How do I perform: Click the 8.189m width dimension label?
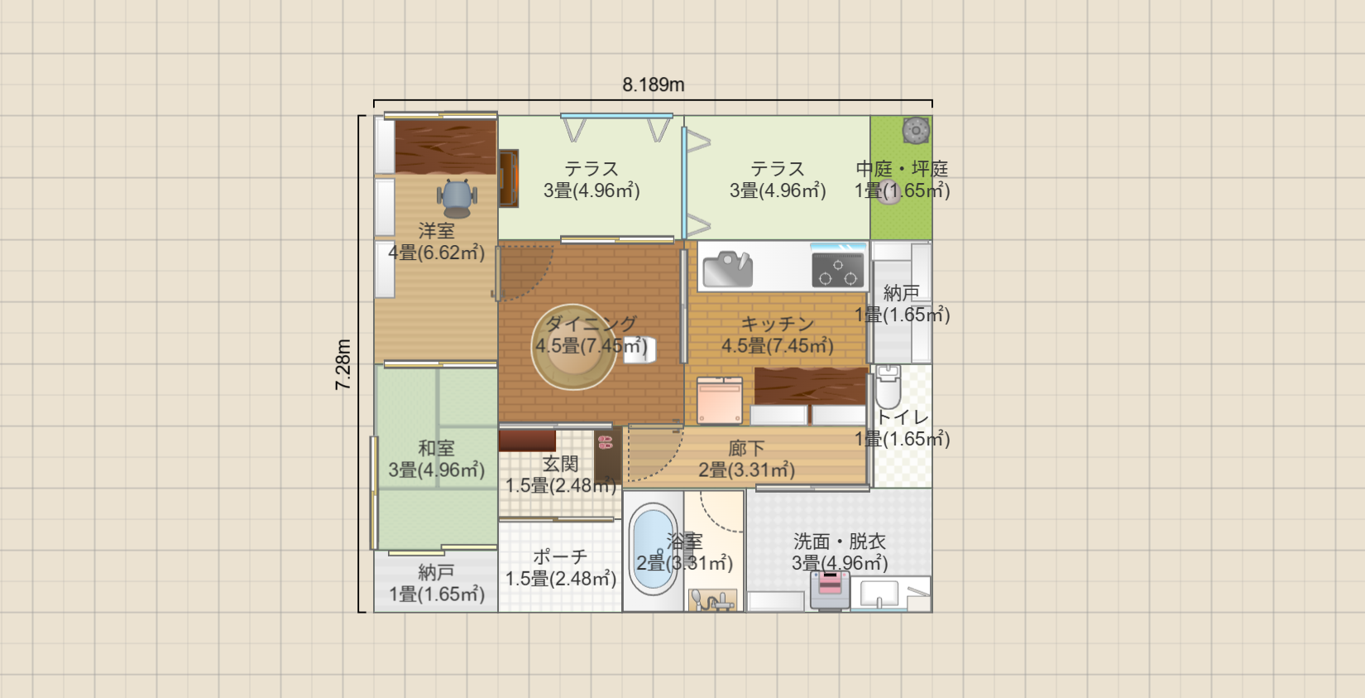tap(654, 84)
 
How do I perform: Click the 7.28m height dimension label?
tap(343, 364)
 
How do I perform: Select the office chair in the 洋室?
tap(457, 198)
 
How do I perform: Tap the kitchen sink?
tap(728, 268)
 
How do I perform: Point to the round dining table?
tap(573, 347)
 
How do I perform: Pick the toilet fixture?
tap(888, 387)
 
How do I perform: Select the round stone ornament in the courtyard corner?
tap(916, 130)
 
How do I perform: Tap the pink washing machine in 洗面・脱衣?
tap(830, 590)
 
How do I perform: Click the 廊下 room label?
tap(746, 449)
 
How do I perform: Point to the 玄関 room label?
tap(560, 464)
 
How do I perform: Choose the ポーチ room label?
tap(560, 556)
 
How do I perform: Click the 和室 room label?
tap(436, 449)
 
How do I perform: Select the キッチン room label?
tap(778, 324)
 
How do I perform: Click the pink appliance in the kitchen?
tap(720, 400)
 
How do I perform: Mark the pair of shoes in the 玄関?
tap(605, 442)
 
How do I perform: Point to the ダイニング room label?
tap(591, 324)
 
